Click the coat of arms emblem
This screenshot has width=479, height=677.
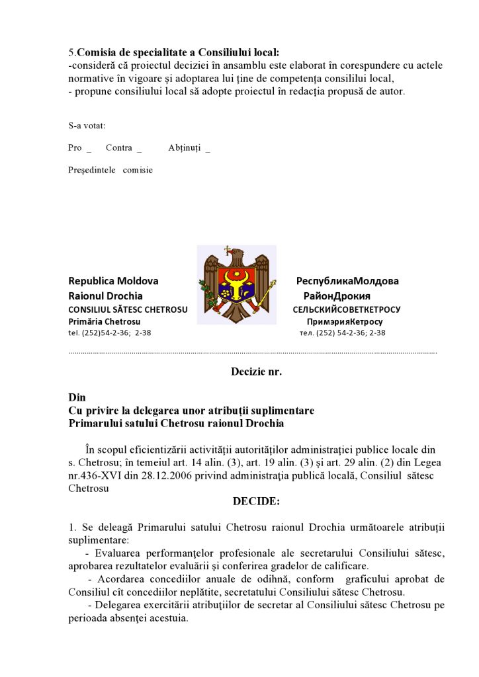(237, 285)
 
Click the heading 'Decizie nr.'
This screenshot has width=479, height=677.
(256, 372)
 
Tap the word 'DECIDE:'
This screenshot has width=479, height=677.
(256, 501)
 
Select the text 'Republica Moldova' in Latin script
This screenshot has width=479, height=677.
(113, 281)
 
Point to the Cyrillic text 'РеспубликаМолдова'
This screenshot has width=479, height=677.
(347, 281)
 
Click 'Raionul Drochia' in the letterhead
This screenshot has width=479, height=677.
(105, 296)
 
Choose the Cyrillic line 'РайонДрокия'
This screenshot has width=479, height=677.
(337, 296)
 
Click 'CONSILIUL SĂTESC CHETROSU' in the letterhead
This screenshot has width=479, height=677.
(128, 309)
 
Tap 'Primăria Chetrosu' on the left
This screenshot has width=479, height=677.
(100, 321)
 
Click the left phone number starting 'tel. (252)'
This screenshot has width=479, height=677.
(110, 333)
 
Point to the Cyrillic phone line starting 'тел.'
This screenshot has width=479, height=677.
(342, 333)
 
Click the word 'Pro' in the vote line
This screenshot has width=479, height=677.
(75, 148)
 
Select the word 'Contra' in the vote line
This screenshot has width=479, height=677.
(119, 148)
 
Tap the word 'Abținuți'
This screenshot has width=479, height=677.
(184, 148)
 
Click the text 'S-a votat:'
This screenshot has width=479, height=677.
(87, 126)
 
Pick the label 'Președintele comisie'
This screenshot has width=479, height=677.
(110, 170)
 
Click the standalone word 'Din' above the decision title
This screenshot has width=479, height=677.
(77, 397)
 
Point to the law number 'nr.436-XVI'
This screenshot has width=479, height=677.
(93, 475)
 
